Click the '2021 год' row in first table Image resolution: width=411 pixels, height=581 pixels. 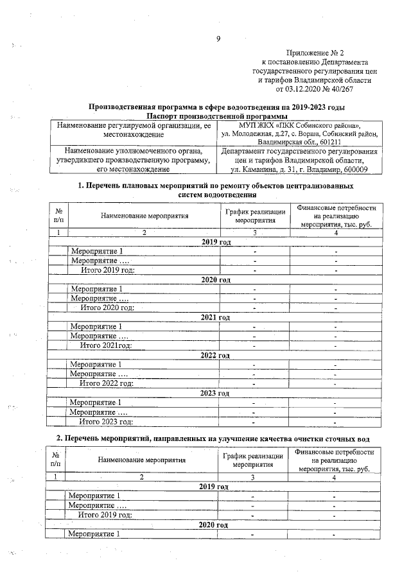click(x=215, y=317)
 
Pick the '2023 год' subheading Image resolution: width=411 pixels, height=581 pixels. click(x=214, y=392)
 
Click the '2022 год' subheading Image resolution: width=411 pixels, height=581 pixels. click(x=214, y=355)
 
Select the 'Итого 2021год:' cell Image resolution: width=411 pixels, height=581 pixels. click(x=105, y=346)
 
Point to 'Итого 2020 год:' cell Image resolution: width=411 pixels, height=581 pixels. click(x=107, y=308)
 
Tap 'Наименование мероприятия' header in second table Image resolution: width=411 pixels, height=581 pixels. click(x=142, y=460)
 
